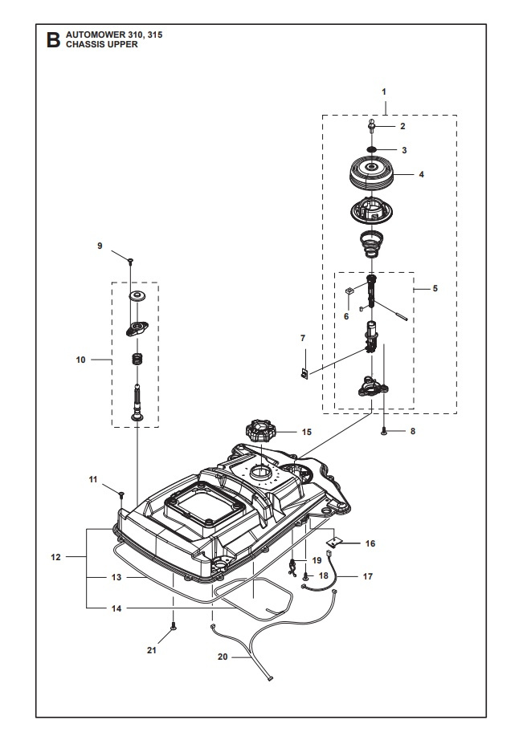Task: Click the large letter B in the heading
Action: click(54, 40)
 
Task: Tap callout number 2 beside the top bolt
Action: click(403, 126)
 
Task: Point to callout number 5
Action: click(435, 287)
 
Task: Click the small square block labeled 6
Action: click(350, 291)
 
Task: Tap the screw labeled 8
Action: click(386, 432)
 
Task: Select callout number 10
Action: click(80, 360)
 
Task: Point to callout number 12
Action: click(55, 555)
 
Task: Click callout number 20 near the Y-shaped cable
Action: click(223, 657)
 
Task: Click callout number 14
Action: click(116, 608)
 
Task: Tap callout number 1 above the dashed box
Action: click(385, 92)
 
